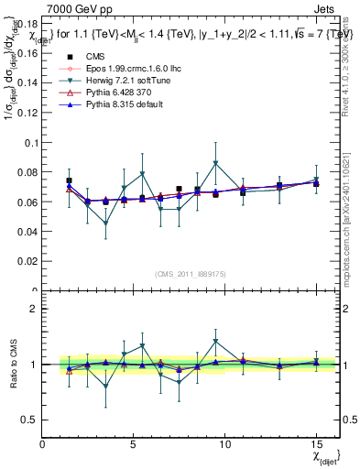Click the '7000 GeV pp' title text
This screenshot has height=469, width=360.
point(72,8)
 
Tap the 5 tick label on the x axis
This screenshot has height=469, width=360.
point(134,443)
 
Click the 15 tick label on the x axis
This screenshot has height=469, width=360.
point(315,443)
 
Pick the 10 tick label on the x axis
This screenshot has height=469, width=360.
point(224,443)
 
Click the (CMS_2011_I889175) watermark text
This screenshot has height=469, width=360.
point(191,273)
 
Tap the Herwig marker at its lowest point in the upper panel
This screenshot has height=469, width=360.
point(106,224)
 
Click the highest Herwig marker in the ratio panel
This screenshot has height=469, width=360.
point(215,342)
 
